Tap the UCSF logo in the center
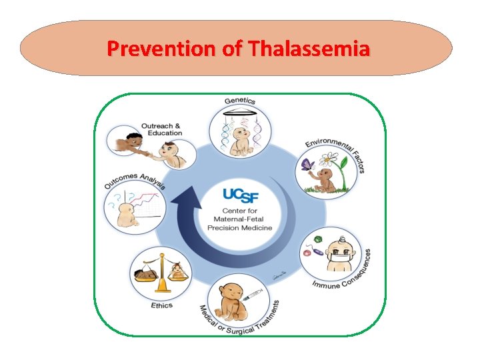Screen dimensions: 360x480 240,196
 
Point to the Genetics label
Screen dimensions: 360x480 240,101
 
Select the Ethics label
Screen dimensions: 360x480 161,305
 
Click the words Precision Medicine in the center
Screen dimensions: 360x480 240,228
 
